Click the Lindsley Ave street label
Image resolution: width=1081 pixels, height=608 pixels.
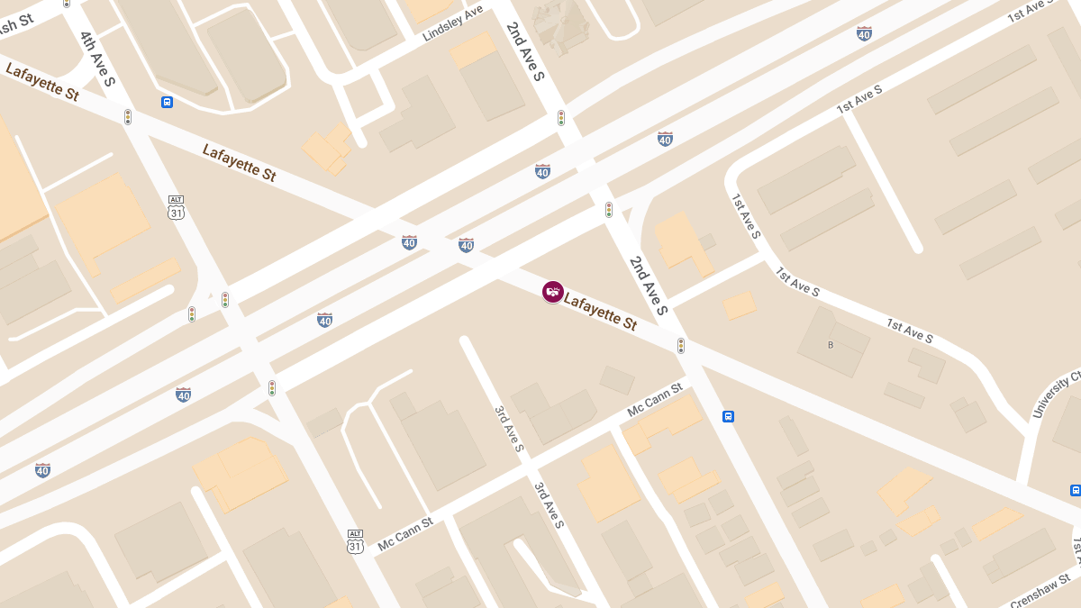pyautogui.click(x=453, y=23)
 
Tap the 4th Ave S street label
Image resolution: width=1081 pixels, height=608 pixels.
pyautogui.click(x=97, y=59)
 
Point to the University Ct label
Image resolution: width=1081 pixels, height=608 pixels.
pyautogui.click(x=1057, y=395)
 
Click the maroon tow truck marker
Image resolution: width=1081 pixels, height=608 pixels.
pyautogui.click(x=553, y=292)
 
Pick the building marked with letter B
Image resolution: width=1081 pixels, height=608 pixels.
pyautogui.click(x=831, y=345)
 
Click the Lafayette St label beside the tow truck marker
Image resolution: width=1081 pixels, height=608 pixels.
pyautogui.click(x=601, y=310)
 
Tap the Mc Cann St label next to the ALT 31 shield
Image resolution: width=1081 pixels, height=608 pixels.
pyautogui.click(x=405, y=533)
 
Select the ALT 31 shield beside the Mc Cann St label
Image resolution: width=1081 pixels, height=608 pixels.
pyautogui.click(x=356, y=541)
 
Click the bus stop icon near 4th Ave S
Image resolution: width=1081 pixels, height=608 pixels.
pyautogui.click(x=168, y=102)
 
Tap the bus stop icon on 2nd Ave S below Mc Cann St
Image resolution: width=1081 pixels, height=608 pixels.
pyautogui.click(x=728, y=416)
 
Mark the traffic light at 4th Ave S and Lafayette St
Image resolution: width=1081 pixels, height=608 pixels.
pyautogui.click(x=128, y=117)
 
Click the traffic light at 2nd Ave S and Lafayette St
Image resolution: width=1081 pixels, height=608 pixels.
pyautogui.click(x=681, y=346)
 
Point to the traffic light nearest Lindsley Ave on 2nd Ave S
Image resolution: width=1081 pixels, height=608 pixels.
pyautogui.click(x=560, y=118)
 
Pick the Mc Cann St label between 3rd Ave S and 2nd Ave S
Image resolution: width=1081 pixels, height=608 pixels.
pyautogui.click(x=655, y=399)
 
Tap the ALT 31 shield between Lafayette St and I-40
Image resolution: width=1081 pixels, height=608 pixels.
pyautogui.click(x=177, y=207)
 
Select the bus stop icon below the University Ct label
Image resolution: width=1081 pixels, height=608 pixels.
pyautogui.click(x=1075, y=490)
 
